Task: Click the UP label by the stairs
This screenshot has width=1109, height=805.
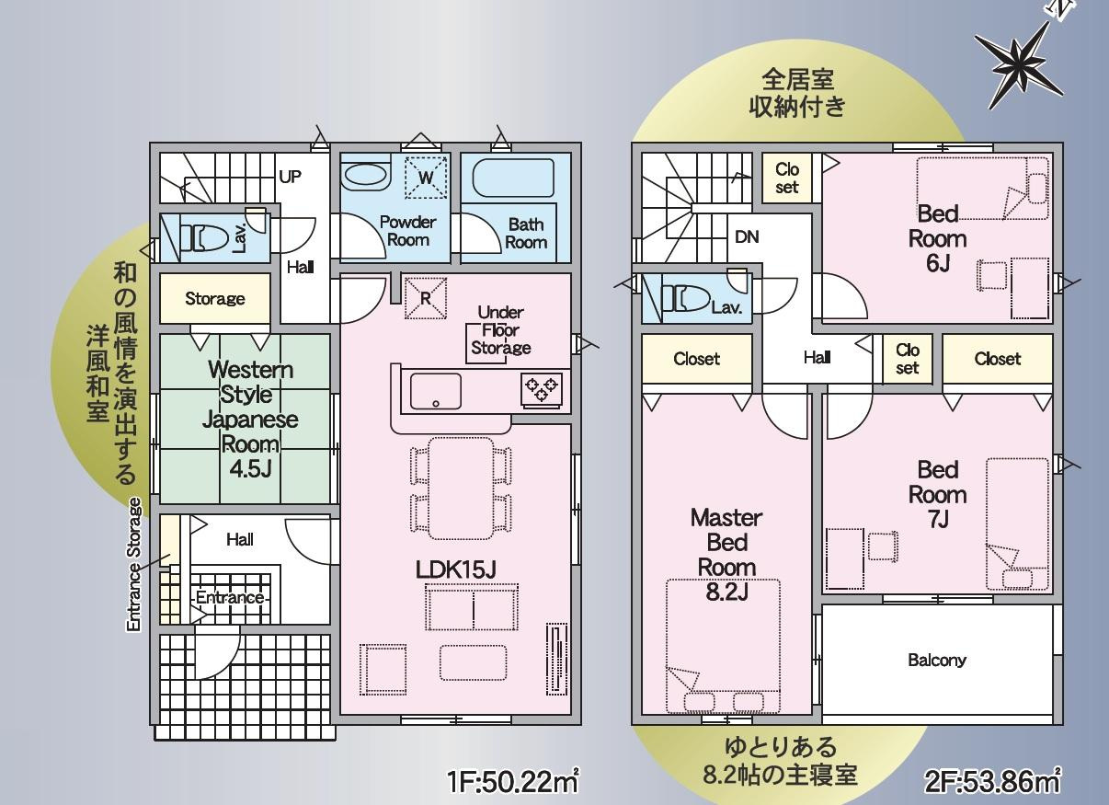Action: click(x=290, y=177)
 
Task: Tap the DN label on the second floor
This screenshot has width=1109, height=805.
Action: click(x=747, y=237)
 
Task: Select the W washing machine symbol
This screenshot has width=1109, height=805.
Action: click(x=426, y=178)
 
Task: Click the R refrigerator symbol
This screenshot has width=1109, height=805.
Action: click(x=426, y=298)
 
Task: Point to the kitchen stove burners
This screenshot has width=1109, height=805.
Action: click(x=542, y=390)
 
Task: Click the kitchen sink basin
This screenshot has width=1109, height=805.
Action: click(x=436, y=391)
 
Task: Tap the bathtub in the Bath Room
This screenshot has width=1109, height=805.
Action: click(x=513, y=178)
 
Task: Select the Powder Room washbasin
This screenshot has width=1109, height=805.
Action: click(x=365, y=177)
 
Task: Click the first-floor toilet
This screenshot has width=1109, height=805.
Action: click(x=199, y=238)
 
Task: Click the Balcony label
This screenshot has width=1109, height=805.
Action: click(x=937, y=661)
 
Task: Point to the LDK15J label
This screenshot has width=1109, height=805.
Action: click(x=455, y=569)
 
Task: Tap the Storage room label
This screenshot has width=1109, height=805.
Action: click(x=215, y=299)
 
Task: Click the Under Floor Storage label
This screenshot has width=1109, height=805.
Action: click(x=500, y=330)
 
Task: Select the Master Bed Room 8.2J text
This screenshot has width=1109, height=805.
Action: click(x=726, y=555)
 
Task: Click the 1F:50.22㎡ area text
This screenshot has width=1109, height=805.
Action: click(x=513, y=782)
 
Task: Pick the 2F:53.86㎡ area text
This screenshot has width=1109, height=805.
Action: click(x=992, y=781)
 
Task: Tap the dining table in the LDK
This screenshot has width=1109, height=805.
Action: click(x=461, y=489)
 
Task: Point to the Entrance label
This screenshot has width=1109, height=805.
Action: click(x=230, y=597)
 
